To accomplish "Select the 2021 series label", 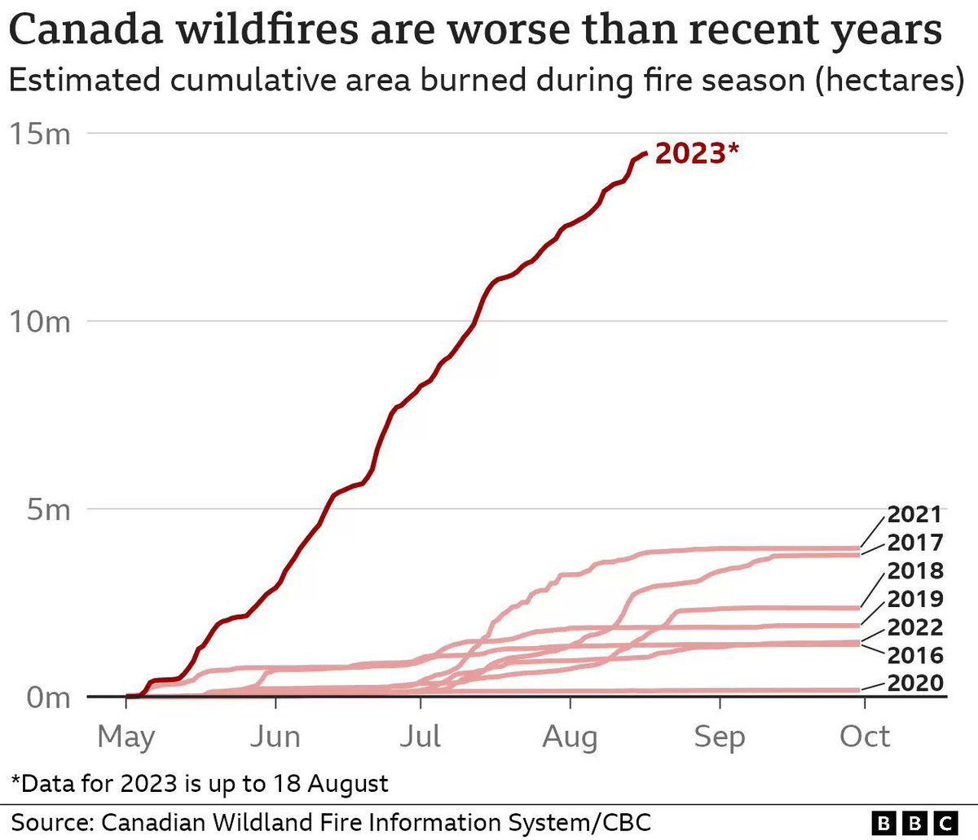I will (x=914, y=515).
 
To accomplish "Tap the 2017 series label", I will (x=914, y=543).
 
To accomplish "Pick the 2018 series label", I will (x=914, y=571).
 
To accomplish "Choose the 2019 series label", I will (x=914, y=600).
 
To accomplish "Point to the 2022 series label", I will (x=914, y=627).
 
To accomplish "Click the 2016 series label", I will (x=914, y=655).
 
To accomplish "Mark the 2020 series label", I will (x=914, y=684).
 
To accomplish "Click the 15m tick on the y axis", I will (x=40, y=134).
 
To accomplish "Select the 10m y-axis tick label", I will (x=40, y=322).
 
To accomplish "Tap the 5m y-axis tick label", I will (x=46, y=510).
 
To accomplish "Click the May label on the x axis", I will (x=126, y=737).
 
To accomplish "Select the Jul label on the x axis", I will (x=421, y=737).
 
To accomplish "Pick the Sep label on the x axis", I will (x=720, y=737).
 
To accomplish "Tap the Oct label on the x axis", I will (x=865, y=737).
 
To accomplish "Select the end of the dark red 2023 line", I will (x=646, y=153).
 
